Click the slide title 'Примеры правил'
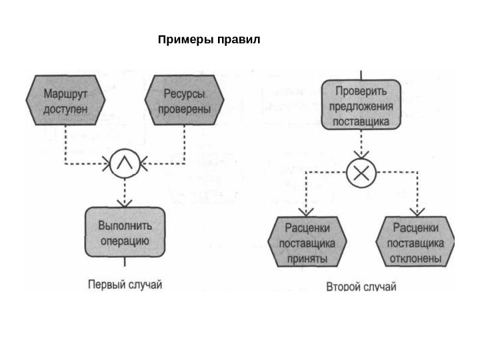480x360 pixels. tap(209, 40)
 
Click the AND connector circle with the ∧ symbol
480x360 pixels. tap(124, 163)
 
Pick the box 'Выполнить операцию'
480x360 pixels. tap(124, 231)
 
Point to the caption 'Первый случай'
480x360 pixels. tap(125, 285)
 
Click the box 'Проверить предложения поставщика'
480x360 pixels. tap(361, 105)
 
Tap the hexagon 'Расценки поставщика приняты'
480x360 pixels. tap(307, 242)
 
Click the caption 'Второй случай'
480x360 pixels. tap(361, 287)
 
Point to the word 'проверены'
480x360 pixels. tap(185, 108)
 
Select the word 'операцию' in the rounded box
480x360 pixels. tap(124, 240)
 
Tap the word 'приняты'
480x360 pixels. tap(307, 257)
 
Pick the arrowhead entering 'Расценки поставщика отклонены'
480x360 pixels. tap(417, 212)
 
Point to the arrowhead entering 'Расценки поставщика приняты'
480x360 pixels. tap(306, 212)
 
